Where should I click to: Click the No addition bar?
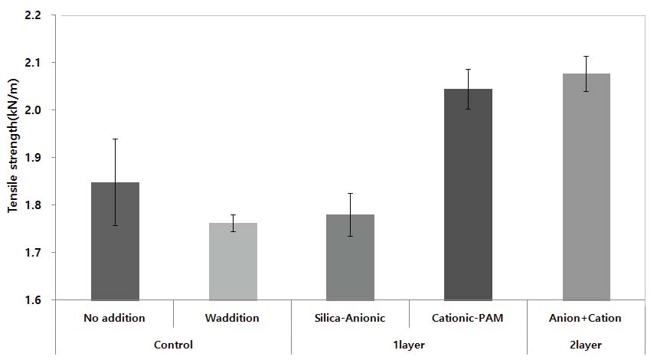[x=115, y=241]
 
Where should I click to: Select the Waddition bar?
[x=233, y=261]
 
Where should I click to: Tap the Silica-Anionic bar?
[x=350, y=257]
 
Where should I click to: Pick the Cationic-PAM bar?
[x=468, y=195]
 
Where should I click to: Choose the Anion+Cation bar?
[x=586, y=187]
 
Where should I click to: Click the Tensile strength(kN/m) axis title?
[x=13, y=158]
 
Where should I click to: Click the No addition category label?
[x=115, y=318]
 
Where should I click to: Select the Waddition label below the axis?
[x=233, y=318]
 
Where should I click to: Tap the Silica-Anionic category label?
[x=350, y=318]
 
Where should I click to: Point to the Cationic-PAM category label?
[x=468, y=318]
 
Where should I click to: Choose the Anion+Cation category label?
[x=586, y=318]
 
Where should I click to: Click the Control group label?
[x=173, y=345]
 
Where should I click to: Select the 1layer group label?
[x=409, y=345]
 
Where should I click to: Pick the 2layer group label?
[x=586, y=345]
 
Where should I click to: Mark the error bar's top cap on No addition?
[x=115, y=139]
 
